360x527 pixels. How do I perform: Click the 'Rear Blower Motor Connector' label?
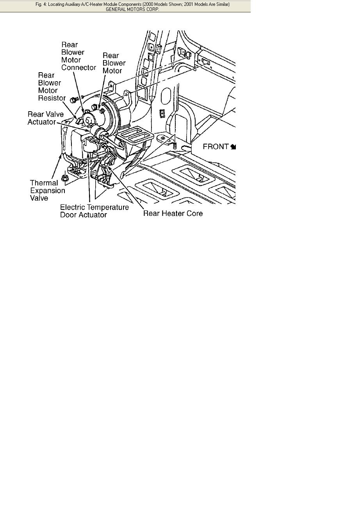(78, 56)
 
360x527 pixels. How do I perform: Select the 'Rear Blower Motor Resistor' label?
(51, 87)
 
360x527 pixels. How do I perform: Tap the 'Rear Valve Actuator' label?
(42, 118)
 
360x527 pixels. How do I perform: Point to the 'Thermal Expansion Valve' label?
(47, 191)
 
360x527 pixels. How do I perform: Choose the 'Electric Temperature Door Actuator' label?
(94, 211)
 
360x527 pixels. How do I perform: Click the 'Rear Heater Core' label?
(173, 214)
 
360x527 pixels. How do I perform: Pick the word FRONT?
(216, 147)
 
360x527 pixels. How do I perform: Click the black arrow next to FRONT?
(233, 147)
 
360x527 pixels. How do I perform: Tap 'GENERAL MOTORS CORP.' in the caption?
(132, 9)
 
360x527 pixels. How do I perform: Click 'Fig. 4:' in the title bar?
(41, 4)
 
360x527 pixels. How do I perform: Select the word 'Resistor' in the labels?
(52, 98)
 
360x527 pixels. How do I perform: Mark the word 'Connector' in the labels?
(78, 68)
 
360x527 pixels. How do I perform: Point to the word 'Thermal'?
(44, 183)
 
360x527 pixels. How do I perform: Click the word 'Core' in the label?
(195, 214)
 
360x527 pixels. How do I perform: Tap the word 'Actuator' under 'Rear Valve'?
(41, 122)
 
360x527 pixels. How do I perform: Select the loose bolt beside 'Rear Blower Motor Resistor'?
(73, 100)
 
